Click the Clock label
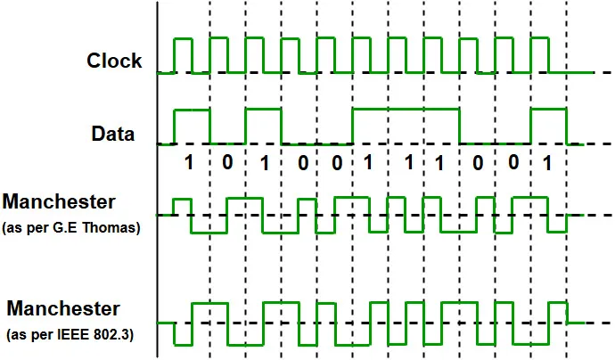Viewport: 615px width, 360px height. [114, 61]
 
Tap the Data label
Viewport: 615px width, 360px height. [113, 135]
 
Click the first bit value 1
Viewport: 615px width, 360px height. [188, 164]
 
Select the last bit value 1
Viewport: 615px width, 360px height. [547, 164]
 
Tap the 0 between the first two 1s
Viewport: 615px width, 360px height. [226, 164]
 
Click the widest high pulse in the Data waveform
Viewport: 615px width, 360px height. [406, 110]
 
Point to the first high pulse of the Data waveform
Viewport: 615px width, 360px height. [193, 110]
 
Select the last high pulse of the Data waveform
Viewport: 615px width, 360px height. [548, 110]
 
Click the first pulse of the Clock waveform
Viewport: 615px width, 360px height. [184, 40]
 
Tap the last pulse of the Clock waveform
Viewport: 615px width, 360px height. [539, 40]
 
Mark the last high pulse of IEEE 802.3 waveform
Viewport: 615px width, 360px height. [558, 304]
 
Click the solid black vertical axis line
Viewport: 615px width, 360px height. [158, 178]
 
